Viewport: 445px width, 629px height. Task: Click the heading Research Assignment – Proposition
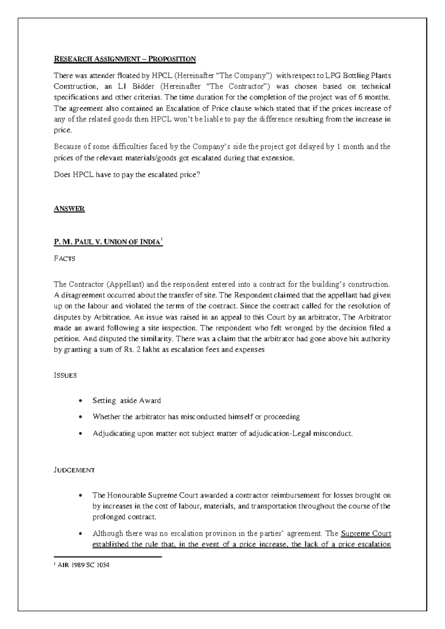tap(125, 59)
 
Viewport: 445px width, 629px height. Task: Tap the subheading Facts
tap(65, 259)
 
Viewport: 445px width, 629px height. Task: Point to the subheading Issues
tap(65, 375)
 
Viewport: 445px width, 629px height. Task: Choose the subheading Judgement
tap(74, 470)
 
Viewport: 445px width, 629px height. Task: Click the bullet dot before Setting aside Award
tap(80, 401)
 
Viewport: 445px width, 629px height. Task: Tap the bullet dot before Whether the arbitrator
tap(80, 417)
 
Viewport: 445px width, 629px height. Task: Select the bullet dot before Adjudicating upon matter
tap(80, 434)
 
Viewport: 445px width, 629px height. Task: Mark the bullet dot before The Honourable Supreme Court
tap(80, 496)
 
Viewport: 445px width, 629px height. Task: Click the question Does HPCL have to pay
tap(127, 175)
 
